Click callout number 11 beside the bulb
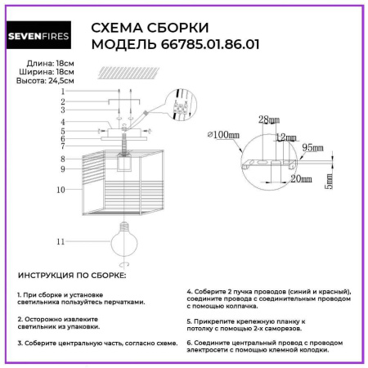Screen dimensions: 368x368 tap(60, 242)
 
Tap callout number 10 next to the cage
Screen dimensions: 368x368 tap(60, 189)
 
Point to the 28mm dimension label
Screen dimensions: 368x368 tap(269, 120)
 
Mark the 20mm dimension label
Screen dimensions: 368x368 tap(301, 179)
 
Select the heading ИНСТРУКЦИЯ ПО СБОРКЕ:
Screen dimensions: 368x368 tap(72, 276)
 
